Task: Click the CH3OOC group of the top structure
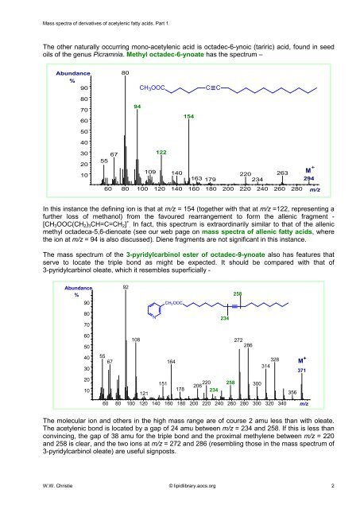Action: point(155,86)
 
